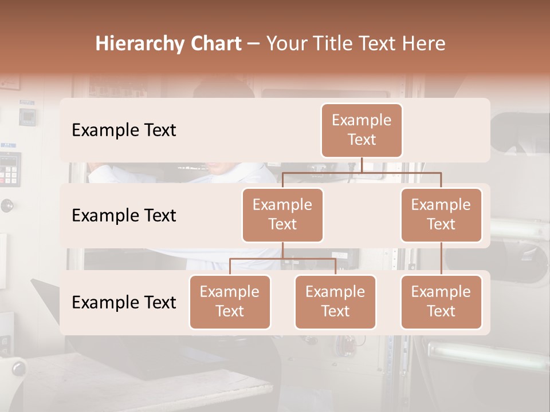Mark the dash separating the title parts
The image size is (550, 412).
pyautogui.click(x=254, y=45)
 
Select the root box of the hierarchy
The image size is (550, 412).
pyautogui.click(x=362, y=130)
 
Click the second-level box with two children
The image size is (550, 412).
pyautogui.click(x=282, y=215)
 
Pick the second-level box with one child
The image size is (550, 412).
pyautogui.click(x=441, y=215)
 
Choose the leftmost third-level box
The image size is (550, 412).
pyautogui.click(x=230, y=302)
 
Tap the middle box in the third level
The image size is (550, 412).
pyautogui.click(x=335, y=302)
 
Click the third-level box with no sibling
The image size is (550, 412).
pyautogui.click(x=441, y=302)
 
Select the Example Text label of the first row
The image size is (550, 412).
pyautogui.click(x=124, y=130)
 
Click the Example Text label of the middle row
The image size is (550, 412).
pyautogui.click(x=124, y=216)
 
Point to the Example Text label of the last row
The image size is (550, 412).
pyautogui.click(x=124, y=302)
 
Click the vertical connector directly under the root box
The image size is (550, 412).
pyautogui.click(x=362, y=165)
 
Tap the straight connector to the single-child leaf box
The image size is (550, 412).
pyautogui.click(x=441, y=258)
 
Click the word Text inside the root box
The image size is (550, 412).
pyautogui.click(x=362, y=140)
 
